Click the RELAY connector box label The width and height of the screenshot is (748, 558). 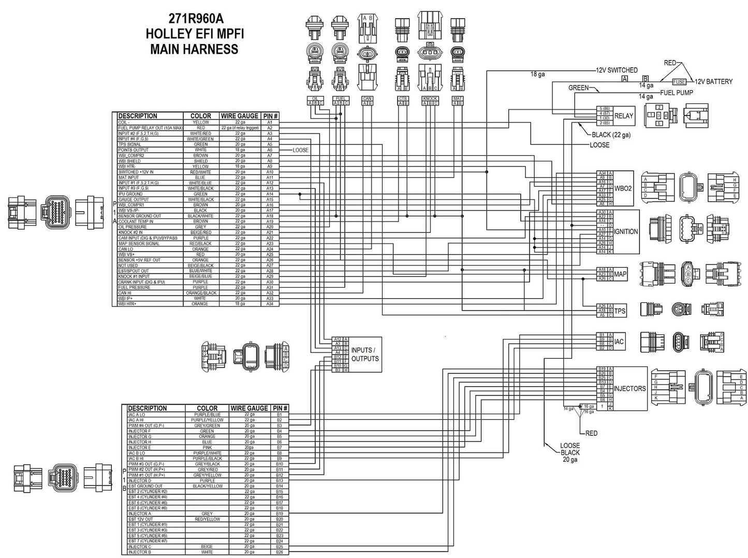tap(623, 116)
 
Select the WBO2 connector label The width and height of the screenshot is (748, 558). tap(623, 188)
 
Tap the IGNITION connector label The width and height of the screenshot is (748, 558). tap(626, 231)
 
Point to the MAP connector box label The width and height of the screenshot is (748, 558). tap(620, 274)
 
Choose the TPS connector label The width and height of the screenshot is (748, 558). tap(620, 311)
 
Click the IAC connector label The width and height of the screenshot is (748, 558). tap(619, 342)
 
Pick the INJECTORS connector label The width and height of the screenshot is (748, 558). tap(629, 388)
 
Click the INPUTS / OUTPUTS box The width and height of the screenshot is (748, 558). tap(365, 354)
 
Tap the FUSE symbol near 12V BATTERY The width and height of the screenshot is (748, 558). tap(679, 82)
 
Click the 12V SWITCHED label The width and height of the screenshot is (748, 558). tap(617, 70)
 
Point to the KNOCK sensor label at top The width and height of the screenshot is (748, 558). tap(430, 98)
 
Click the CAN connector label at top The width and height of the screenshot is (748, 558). tap(367, 98)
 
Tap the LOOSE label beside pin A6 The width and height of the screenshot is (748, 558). tap(300, 150)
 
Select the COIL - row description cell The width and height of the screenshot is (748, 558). tap(124, 122)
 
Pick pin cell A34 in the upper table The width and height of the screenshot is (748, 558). tap(270, 304)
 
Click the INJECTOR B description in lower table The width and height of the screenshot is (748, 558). tap(140, 552)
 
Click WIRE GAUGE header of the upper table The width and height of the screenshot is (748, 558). tap(239, 116)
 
